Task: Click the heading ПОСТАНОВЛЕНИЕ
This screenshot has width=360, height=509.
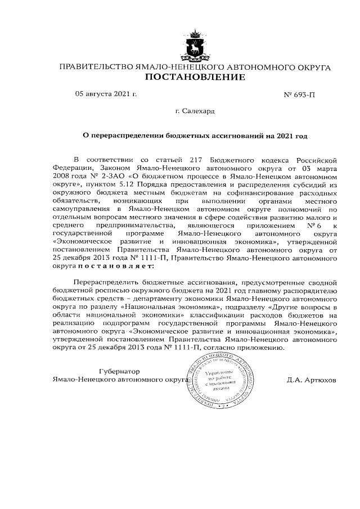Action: [195, 77]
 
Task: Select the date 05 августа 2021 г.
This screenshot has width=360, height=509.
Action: [106, 94]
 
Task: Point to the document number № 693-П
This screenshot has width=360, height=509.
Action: [300, 95]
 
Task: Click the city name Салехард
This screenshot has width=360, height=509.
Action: [199, 111]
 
